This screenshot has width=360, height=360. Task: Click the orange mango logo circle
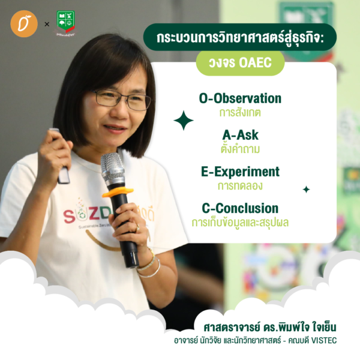(x=24, y=23)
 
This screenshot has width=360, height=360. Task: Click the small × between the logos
(x=47, y=24)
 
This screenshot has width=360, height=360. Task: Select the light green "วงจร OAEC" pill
(x=240, y=62)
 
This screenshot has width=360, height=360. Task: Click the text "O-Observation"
(x=240, y=98)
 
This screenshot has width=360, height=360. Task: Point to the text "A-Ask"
(x=240, y=135)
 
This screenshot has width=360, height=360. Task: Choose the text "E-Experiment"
(x=240, y=172)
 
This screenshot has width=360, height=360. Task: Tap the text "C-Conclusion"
(x=240, y=208)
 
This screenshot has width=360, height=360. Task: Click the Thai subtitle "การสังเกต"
(x=240, y=113)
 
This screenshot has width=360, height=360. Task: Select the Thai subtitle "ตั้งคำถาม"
(x=240, y=149)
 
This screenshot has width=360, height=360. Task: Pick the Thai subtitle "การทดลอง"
(x=240, y=186)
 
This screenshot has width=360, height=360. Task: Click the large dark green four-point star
(x=184, y=121)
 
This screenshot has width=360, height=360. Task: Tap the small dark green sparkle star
(x=306, y=190)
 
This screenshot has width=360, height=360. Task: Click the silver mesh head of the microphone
(x=112, y=167)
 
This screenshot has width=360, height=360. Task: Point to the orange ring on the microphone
(x=118, y=192)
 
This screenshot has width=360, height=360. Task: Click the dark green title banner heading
(x=240, y=37)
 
